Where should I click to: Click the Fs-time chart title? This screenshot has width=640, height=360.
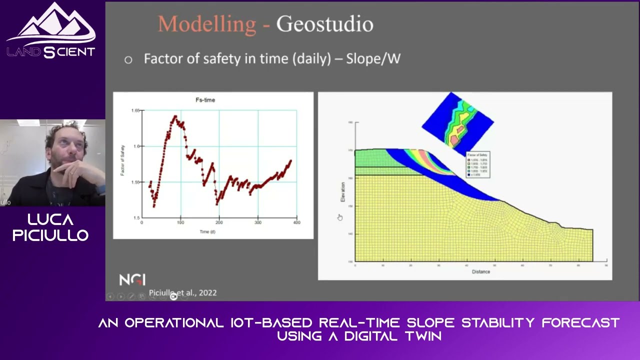205,100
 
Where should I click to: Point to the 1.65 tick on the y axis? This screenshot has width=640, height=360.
135,110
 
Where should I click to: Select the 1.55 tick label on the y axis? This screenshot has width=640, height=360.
135,182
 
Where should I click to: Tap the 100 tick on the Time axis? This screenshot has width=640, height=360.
180,222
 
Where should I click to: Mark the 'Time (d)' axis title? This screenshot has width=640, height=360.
207,232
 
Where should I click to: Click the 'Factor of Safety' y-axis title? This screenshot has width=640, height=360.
122,160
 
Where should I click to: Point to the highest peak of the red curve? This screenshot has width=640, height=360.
175,116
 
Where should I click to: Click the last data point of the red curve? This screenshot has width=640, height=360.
290,161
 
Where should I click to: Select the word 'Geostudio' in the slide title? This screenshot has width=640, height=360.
324,24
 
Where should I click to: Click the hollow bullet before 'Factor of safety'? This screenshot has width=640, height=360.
128,60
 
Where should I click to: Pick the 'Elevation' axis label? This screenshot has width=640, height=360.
343,192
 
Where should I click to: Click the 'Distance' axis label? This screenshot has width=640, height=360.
480,271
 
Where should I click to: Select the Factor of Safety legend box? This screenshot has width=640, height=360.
477,164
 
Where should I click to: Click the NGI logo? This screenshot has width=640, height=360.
132,279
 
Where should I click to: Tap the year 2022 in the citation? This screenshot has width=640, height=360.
207,293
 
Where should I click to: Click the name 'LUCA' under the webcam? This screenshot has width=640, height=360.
50,219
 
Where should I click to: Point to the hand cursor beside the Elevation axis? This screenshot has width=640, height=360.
339,217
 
